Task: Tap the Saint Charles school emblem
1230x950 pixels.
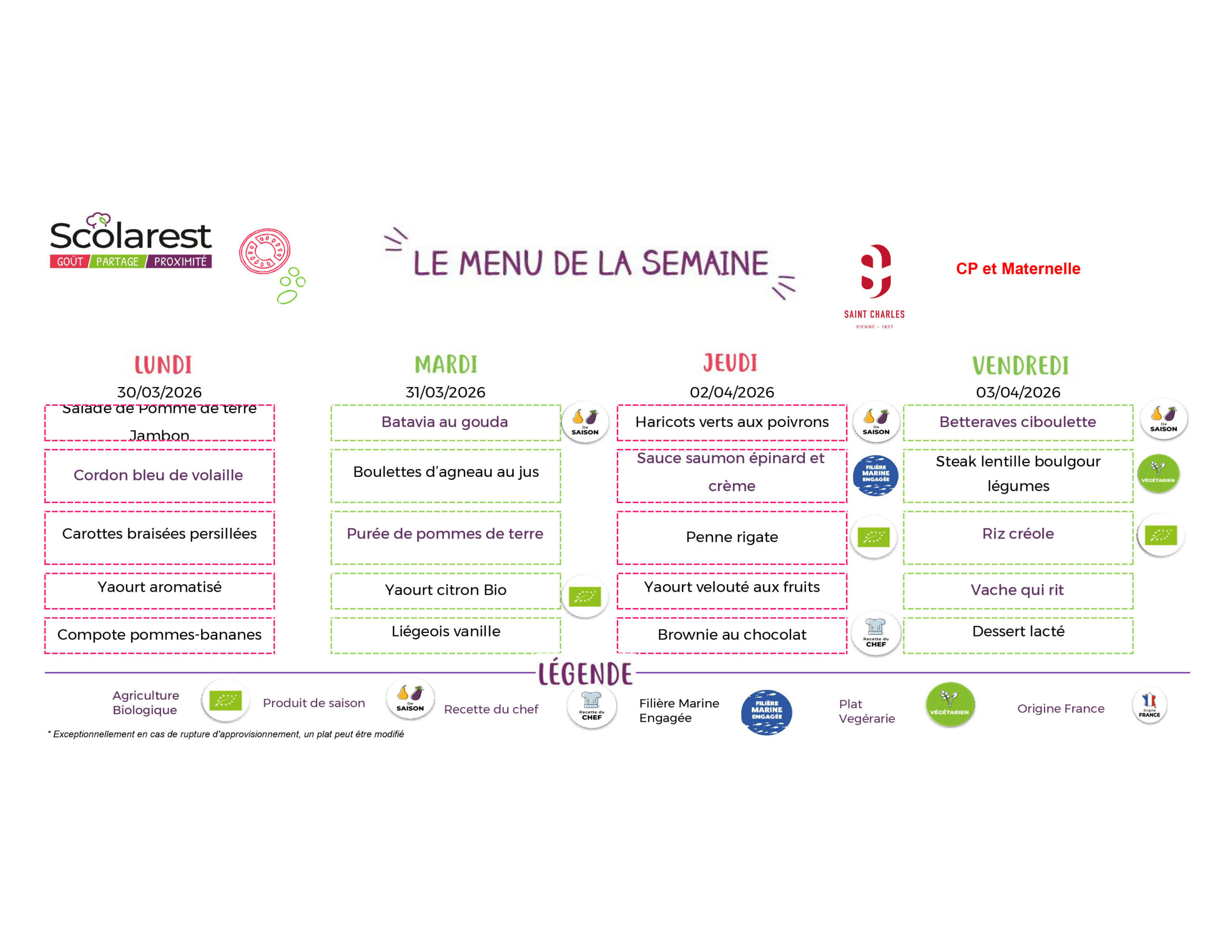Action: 874,271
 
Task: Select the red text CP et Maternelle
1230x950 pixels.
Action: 1018,268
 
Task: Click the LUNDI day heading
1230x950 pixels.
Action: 163,365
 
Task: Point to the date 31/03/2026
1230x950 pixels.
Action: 445,392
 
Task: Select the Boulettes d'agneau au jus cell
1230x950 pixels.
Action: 445,473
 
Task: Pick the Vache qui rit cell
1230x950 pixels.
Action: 1017,590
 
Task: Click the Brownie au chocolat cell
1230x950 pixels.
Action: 732,634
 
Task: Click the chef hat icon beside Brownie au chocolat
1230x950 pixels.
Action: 876,633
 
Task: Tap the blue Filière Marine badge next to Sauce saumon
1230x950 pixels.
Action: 875,475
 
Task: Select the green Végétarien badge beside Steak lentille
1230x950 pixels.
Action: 1158,474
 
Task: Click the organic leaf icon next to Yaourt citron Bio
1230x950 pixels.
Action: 585,596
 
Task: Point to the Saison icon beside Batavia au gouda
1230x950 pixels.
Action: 585,422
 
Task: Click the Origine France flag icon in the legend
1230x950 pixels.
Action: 1149,705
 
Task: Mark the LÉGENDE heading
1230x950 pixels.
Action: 585,673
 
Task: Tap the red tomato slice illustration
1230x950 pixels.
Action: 264,251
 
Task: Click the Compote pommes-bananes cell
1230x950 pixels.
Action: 160,634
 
